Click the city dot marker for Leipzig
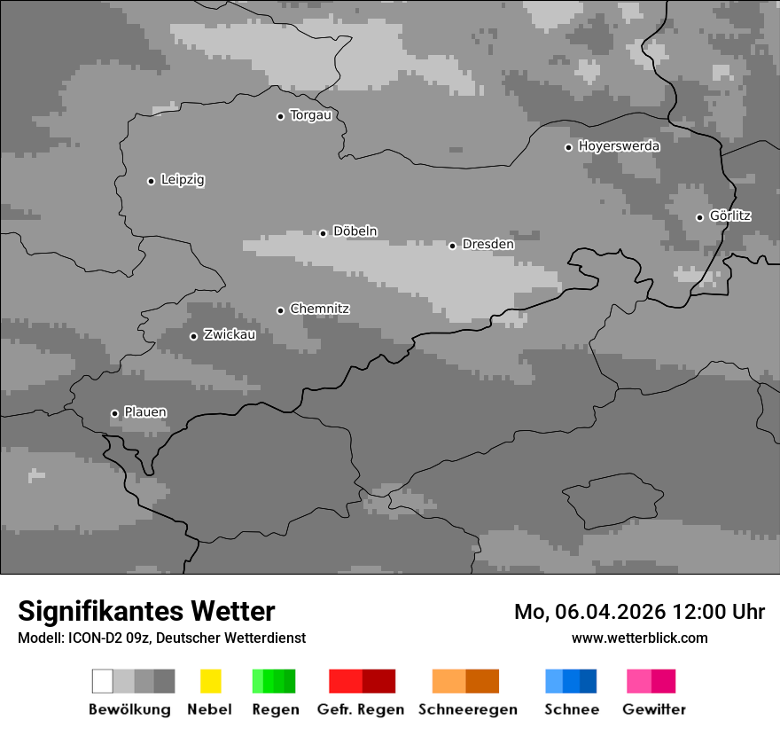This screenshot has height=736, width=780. tap(151, 181)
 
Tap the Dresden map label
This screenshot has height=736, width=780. tap(487, 244)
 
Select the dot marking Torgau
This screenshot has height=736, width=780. tap(280, 116)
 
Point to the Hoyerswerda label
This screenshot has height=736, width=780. tap(619, 145)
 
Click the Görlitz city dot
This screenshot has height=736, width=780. tap(699, 217)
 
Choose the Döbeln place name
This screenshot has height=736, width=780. tap(355, 231)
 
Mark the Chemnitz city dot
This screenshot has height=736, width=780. tap(280, 310)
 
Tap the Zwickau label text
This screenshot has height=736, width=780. tap(230, 334)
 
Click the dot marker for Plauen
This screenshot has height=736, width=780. tap(114, 413)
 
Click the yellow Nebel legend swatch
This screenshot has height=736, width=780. tap(210, 681)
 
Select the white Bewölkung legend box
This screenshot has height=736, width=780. tap(102, 681)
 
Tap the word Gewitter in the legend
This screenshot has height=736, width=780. tap(654, 709)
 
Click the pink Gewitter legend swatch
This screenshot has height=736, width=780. tap(638, 681)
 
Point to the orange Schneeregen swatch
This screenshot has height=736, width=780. tap(448, 681)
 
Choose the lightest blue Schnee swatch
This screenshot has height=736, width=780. tap(553, 681)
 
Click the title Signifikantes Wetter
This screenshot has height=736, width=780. tap(146, 611)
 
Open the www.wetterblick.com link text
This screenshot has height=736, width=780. tap(639, 638)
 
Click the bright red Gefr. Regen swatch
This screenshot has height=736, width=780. tap(345, 681)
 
